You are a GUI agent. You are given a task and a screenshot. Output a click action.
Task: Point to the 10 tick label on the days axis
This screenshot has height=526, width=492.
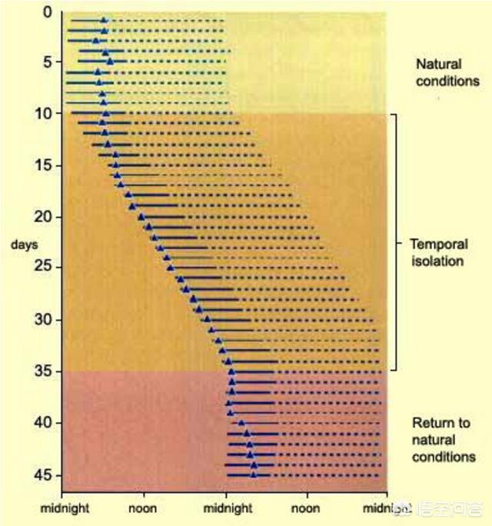[45, 114]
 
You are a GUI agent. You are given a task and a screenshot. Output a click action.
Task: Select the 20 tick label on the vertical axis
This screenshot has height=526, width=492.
[45, 217]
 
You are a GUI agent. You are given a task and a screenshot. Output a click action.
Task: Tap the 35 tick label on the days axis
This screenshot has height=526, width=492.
[45, 371]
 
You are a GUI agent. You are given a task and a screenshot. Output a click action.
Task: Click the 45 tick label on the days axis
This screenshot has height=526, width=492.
[45, 474]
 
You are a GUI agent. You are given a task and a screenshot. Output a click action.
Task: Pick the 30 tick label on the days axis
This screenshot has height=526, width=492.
[45, 319]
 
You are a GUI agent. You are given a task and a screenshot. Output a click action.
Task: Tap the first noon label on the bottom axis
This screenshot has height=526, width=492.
[144, 508]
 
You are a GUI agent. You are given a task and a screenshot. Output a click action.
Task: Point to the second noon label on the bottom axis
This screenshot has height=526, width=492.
[307, 508]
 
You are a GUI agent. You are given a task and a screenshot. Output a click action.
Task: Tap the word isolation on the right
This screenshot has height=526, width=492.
[438, 261]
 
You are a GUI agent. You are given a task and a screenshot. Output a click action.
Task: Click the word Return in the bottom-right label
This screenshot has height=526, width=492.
[430, 423]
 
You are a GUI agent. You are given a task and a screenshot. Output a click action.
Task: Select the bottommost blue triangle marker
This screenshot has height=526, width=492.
[254, 474]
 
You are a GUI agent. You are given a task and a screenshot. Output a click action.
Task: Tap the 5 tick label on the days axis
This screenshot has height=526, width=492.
[48, 63]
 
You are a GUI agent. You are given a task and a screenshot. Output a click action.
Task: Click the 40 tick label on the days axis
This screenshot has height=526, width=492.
[45, 423]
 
